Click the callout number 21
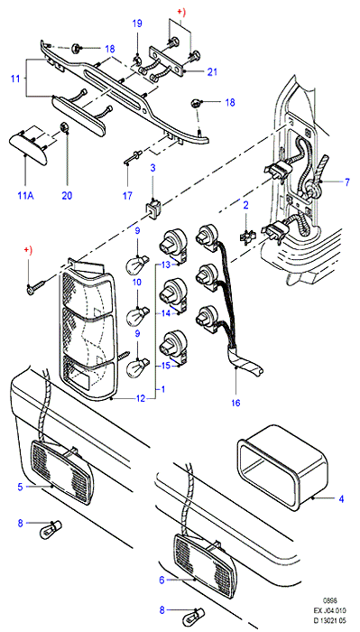[x=212, y=72]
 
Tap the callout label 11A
[x=26, y=196]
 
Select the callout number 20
[x=67, y=196]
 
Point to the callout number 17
[x=127, y=196]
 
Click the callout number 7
[x=347, y=182]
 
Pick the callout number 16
[x=235, y=403]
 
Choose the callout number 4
[x=341, y=499]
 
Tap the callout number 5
[x=20, y=487]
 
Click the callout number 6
[x=162, y=580]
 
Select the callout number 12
[x=140, y=399]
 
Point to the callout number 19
[x=137, y=23]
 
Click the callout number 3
[x=152, y=167]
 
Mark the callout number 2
[x=245, y=204]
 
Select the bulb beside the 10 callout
[x=139, y=315]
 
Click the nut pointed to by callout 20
[x=64, y=128]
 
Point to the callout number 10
[x=137, y=282]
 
